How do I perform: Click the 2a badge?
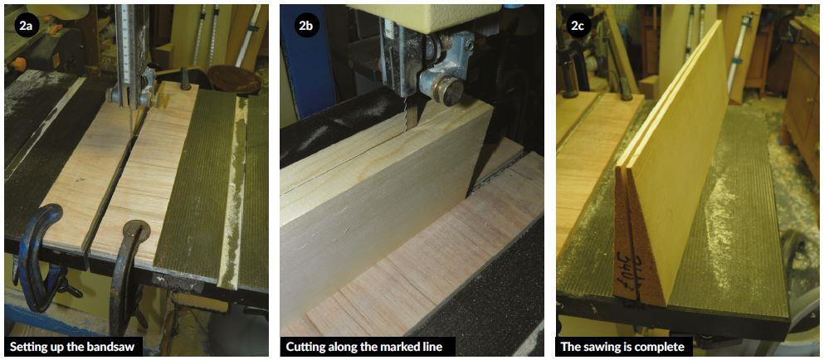pos(26,25)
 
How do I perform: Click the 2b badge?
pos(305,25)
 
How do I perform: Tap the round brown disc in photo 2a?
pos(233,79)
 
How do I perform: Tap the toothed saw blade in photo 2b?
pos(405,111)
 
